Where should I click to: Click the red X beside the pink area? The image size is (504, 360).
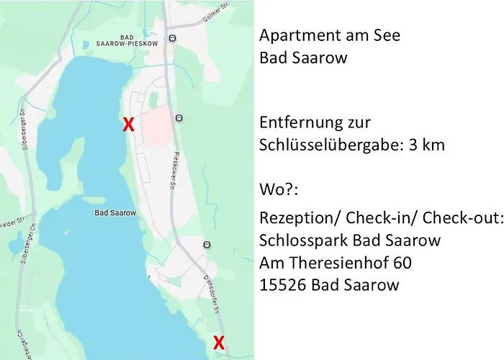coord(129,125)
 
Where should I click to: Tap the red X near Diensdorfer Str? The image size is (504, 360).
coord(219,343)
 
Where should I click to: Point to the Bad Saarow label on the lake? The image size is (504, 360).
coord(111,213)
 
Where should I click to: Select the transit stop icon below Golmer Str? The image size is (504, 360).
coord(172,38)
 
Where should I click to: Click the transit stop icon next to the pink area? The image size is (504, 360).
coord(179,117)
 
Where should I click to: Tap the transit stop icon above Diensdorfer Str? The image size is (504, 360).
coord(207,245)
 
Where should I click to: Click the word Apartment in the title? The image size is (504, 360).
coord(295,35)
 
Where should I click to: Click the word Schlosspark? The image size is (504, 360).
coord(298,240)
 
